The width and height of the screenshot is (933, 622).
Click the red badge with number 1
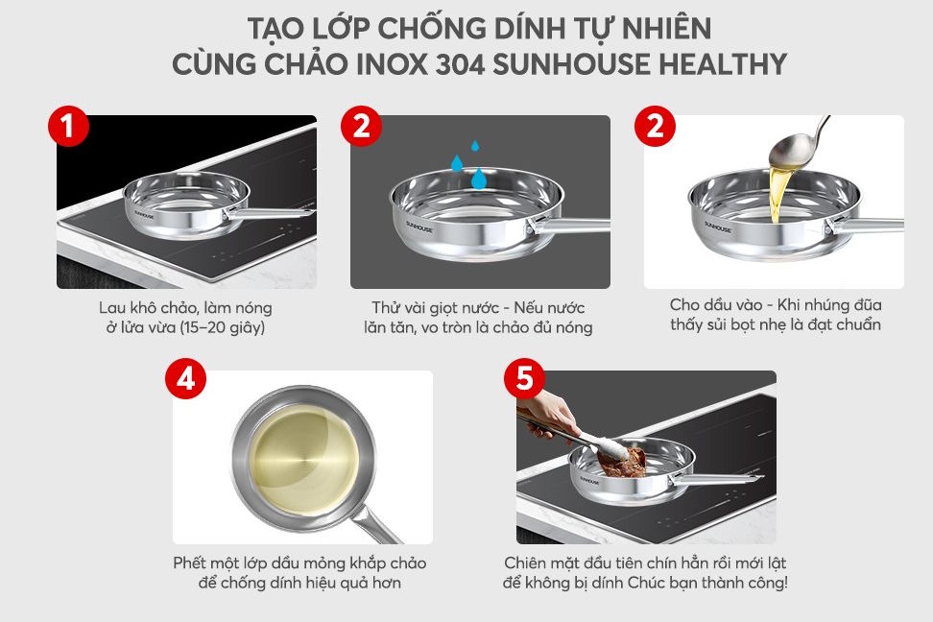click(67, 128)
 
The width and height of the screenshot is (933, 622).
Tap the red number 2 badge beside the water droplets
click(361, 128)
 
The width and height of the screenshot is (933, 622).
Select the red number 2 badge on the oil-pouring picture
click(655, 128)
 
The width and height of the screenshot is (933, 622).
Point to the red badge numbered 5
click(524, 379)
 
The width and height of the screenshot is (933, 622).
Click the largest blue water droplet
click(477, 178)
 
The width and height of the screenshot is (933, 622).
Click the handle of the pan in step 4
click(379, 523)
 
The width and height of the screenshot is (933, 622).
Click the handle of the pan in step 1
click(278, 212)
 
